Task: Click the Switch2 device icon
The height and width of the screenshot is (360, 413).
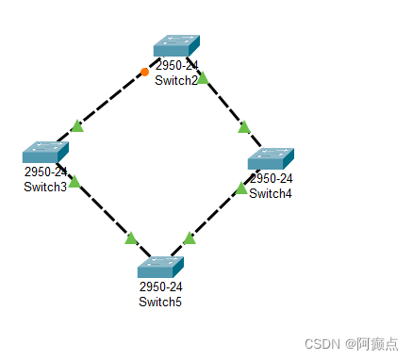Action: (x=176, y=47)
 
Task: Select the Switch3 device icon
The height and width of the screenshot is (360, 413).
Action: (x=46, y=152)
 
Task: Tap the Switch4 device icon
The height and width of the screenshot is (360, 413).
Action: (x=271, y=157)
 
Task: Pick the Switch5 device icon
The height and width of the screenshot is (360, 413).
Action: (x=159, y=267)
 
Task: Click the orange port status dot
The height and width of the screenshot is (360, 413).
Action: (x=144, y=72)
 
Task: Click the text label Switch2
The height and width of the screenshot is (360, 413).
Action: (x=176, y=80)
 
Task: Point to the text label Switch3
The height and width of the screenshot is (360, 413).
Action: (x=45, y=186)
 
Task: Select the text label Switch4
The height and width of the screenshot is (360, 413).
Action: (x=271, y=193)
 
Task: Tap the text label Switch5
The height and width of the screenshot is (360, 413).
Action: (x=159, y=302)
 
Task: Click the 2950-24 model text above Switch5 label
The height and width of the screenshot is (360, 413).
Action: (x=159, y=287)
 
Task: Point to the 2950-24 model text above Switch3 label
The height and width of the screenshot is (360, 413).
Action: (x=46, y=172)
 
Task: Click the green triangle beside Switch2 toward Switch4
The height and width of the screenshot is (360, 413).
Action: (x=202, y=78)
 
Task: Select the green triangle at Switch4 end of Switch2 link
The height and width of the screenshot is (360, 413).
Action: (x=244, y=126)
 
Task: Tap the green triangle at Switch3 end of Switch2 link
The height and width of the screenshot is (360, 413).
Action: (x=77, y=126)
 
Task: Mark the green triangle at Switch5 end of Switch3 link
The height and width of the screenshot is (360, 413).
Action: (x=131, y=238)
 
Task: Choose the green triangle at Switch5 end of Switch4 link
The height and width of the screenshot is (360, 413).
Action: (x=189, y=238)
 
